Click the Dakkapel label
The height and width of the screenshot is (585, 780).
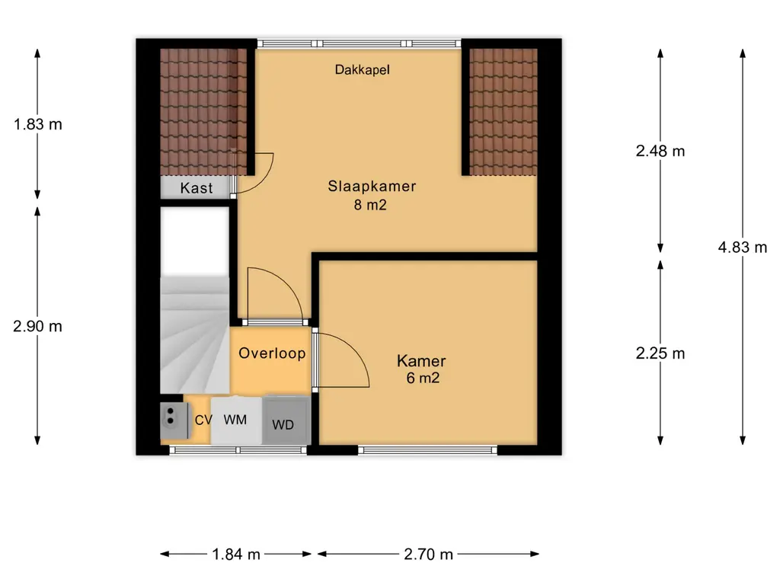click(362, 69)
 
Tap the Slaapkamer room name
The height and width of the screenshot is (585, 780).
click(372, 186)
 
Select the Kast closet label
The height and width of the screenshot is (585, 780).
click(197, 188)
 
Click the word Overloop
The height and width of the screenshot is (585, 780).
click(272, 353)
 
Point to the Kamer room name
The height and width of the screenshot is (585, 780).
click(420, 360)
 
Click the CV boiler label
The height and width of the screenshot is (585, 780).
click(203, 420)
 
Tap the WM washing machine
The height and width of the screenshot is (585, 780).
click(236, 420)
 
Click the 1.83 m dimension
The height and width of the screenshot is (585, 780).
click(38, 124)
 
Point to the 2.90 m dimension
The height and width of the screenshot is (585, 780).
click(38, 326)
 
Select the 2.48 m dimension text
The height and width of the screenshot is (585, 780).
click(660, 151)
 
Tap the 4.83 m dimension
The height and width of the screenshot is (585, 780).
click(742, 247)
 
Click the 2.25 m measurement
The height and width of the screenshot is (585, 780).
click(660, 353)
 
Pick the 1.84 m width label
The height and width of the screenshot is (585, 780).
click(236, 555)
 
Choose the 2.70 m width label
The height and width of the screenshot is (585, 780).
click(428, 555)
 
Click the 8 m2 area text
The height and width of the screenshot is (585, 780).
click(370, 205)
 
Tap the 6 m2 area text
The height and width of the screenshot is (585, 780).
click(423, 378)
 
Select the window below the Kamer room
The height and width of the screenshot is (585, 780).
click(428, 450)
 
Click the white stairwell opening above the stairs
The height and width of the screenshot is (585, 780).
click(194, 240)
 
